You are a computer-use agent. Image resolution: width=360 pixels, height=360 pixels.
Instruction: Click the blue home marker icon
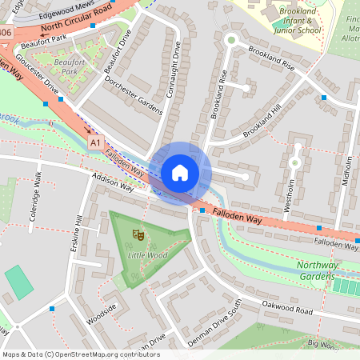point(180,172)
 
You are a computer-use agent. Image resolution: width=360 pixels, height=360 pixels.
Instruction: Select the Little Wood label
point(147,254)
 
